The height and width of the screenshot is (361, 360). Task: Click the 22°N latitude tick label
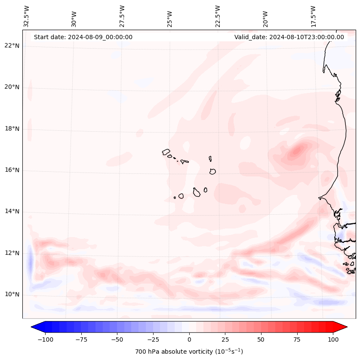pyautogui.click(x=12, y=46)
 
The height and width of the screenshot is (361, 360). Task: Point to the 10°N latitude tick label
pyautogui.click(x=12, y=294)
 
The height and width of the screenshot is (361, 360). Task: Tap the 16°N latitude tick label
pyautogui.click(x=12, y=170)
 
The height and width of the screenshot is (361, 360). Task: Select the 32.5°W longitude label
pyautogui.click(x=27, y=16)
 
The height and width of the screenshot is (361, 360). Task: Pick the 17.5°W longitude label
pyautogui.click(x=313, y=16)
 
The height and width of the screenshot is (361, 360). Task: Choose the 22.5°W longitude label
pyautogui.click(x=218, y=16)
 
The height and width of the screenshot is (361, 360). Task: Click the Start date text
pyautogui.click(x=83, y=37)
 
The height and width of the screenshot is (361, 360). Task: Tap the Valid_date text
pyautogui.click(x=289, y=37)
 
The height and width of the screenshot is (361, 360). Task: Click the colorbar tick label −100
pyautogui.click(x=45, y=339)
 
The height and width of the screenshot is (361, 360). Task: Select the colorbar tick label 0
pyautogui.click(x=189, y=339)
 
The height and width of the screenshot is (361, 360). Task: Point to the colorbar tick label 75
pyautogui.click(x=297, y=339)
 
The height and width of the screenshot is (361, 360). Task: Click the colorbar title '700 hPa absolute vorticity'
pyautogui.click(x=189, y=352)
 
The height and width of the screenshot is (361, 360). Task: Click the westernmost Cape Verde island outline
pyautogui.click(x=166, y=151)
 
